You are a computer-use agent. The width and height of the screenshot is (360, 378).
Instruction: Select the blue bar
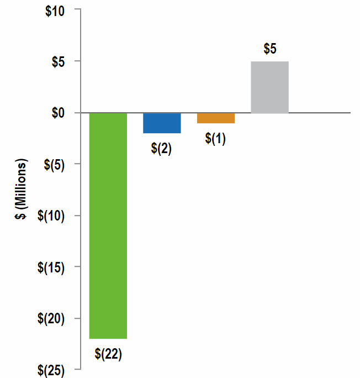(x=162, y=123)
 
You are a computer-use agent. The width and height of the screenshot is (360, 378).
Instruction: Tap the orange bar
(x=216, y=118)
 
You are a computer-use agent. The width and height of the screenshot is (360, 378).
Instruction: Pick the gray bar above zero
(x=270, y=87)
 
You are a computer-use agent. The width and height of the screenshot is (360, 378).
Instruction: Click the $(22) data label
(x=108, y=354)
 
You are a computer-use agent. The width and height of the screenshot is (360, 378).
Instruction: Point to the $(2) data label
(x=162, y=149)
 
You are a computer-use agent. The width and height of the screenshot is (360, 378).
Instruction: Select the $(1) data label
(x=216, y=139)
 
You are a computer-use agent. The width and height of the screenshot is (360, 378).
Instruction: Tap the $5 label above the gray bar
(x=270, y=49)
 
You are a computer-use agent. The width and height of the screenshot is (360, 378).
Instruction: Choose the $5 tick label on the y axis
(x=58, y=61)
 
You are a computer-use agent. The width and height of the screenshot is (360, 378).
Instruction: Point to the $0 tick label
(x=58, y=113)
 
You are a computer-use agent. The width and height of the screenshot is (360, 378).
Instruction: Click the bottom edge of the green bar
(x=108, y=338)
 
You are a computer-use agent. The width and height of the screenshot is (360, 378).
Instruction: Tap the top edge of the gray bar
(x=270, y=61)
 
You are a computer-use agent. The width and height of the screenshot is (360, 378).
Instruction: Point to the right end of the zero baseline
(x=350, y=113)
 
